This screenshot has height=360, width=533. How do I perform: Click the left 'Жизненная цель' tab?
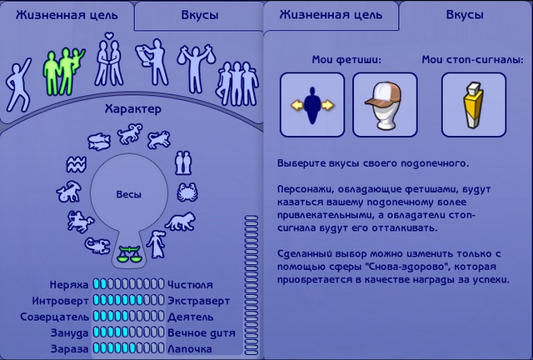pyautogui.click(x=67, y=15)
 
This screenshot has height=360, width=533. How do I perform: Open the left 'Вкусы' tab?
pyautogui.click(x=199, y=15)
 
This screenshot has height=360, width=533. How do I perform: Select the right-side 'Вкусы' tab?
pyautogui.click(x=465, y=15)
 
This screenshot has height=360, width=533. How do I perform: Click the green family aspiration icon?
pyautogui.click(x=63, y=72)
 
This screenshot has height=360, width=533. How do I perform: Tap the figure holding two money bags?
pyautogui.click(x=197, y=67)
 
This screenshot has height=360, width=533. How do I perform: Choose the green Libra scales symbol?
pyautogui.click(x=128, y=254)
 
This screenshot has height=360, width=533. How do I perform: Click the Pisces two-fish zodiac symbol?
pyautogui.click(x=99, y=141)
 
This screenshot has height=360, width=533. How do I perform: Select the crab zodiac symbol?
pyautogui.click(x=187, y=192)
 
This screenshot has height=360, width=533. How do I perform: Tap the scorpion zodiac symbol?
pyautogui.click(x=97, y=245)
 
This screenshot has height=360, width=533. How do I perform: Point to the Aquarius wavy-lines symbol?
pyautogui.click(x=76, y=165)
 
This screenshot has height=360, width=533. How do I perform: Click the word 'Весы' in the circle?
pyautogui.click(x=128, y=195)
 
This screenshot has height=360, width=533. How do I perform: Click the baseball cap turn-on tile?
pyautogui.click(x=385, y=105)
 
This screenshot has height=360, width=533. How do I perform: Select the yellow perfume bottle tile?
pyautogui.click(x=474, y=105)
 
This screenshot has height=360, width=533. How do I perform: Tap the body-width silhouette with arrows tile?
pyautogui.click(x=312, y=105)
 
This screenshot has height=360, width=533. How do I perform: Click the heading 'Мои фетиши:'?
pyautogui.click(x=346, y=60)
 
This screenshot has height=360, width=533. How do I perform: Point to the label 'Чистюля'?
pyautogui.click(x=190, y=285)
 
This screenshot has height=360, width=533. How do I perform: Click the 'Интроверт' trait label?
pyautogui.click(x=60, y=301)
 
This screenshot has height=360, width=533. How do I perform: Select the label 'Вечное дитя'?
pyautogui.click(x=202, y=332)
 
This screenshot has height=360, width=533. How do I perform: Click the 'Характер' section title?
pyautogui.click(x=133, y=109)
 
